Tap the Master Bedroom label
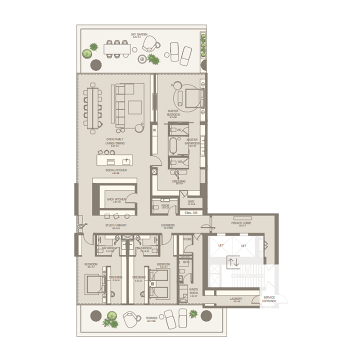(174, 112)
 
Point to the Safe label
(191, 202)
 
